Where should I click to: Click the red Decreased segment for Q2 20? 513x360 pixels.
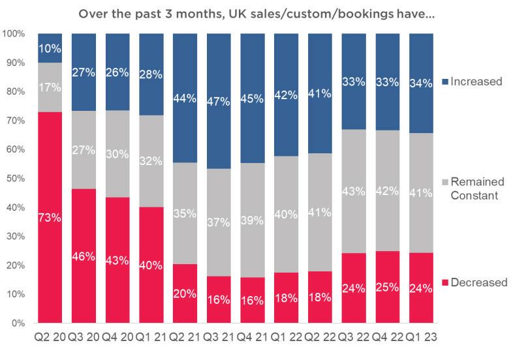tap(50, 217)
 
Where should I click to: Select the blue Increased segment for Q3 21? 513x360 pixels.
tap(219, 101)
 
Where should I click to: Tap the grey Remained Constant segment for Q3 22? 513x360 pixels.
tap(354, 191)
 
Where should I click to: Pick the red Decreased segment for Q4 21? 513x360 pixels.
tap(252, 300)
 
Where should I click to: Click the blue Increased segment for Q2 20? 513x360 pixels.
tap(50, 48)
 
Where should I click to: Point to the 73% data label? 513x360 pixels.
tap(50, 217)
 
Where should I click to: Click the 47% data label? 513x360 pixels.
tap(219, 101)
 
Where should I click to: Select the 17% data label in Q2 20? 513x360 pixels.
tap(50, 87)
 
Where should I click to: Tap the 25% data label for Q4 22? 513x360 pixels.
tap(388, 287)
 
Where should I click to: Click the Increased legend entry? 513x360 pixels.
tap(472, 82)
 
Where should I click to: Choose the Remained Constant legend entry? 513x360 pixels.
tap(473, 188)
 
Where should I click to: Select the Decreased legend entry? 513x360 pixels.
tap(474, 282)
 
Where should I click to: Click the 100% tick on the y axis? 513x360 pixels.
tap(14, 34)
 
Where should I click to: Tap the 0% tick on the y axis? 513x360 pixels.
tap(18, 323)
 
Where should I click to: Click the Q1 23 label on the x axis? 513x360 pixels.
tap(421, 337)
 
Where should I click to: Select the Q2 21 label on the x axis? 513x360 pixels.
tap(185, 337)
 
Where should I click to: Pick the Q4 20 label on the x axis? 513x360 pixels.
tap(117, 337)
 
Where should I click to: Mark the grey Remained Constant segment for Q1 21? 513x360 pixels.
tap(151, 161)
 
